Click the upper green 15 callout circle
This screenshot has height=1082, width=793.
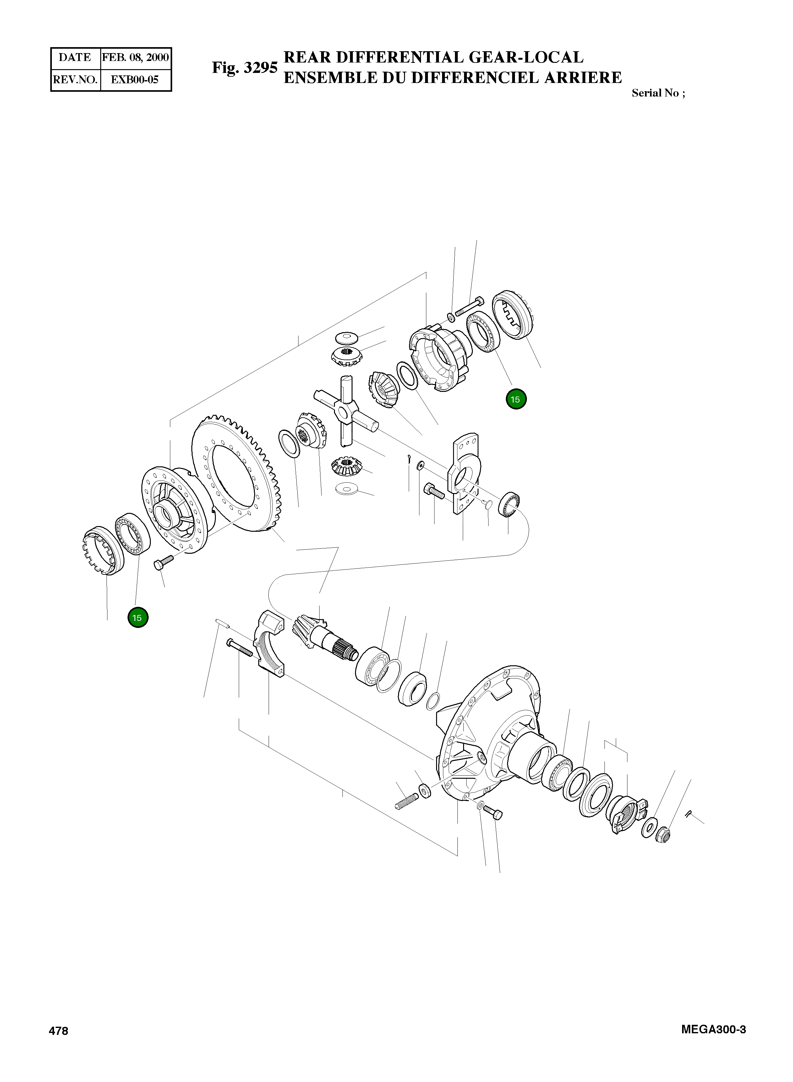(x=516, y=399)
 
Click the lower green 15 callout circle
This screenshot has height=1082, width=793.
(x=138, y=618)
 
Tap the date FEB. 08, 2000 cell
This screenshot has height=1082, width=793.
(x=135, y=58)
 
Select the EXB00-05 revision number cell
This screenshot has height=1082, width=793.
(x=134, y=80)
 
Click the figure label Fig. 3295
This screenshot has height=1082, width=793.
(x=244, y=68)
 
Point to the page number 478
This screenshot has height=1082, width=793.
(x=58, y=1031)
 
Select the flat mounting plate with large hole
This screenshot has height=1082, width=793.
(x=463, y=473)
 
